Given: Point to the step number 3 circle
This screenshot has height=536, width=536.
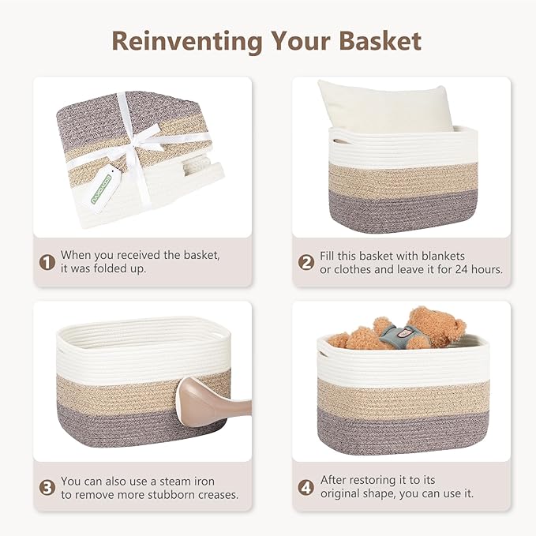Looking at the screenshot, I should (47, 487).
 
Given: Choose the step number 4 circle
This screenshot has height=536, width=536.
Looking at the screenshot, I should (306, 487).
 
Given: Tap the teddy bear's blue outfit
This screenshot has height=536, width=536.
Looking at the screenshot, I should (396, 335).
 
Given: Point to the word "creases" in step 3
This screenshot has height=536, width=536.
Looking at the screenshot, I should (215, 495).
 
